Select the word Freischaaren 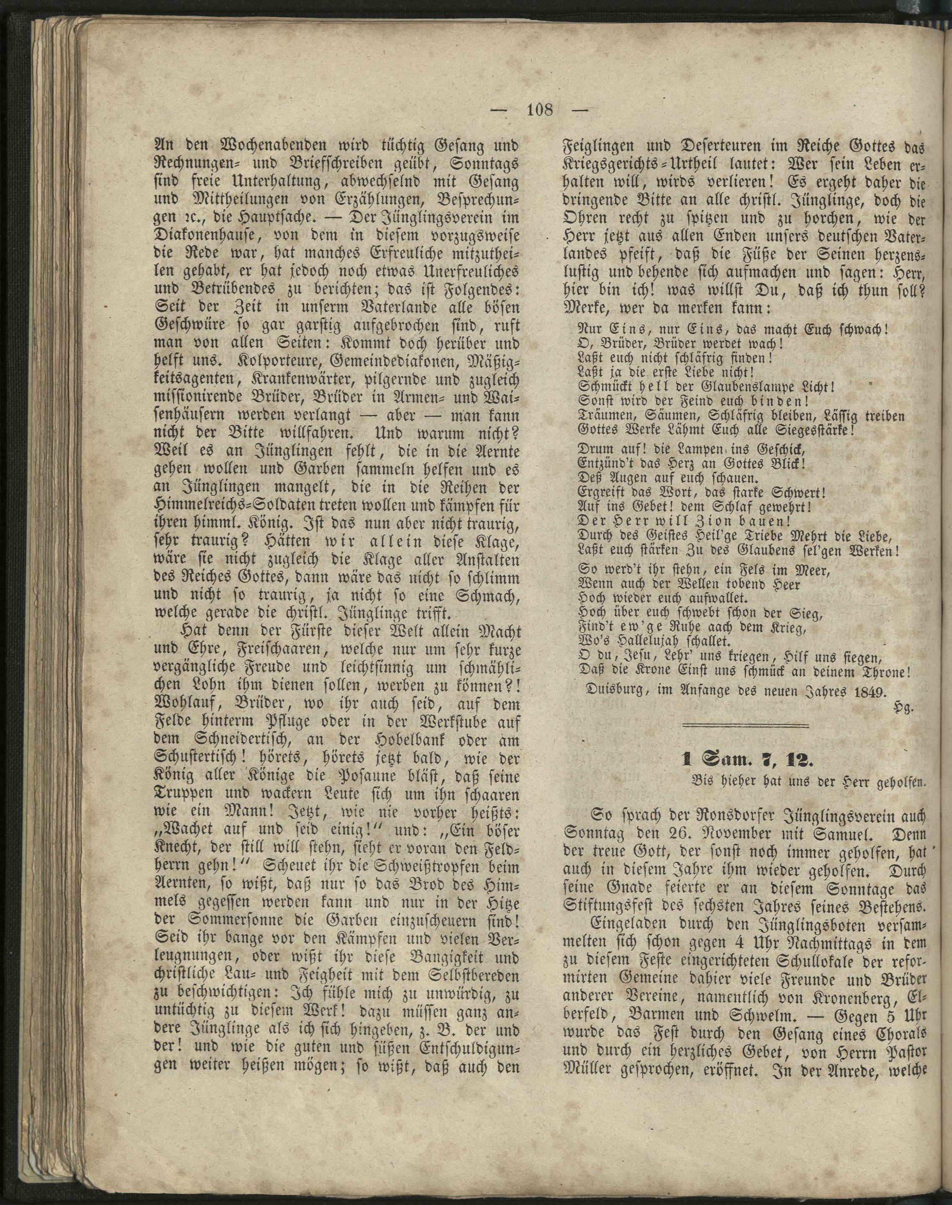click(x=259, y=650)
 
